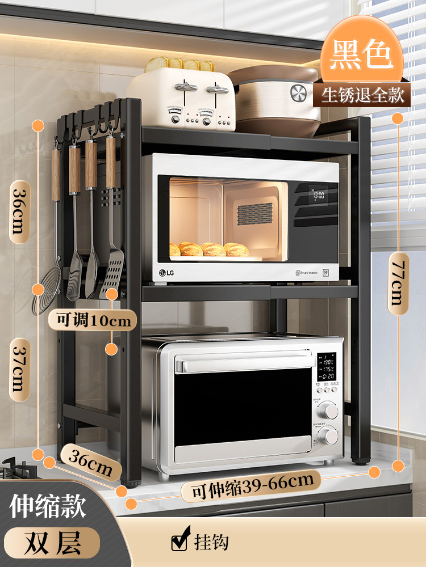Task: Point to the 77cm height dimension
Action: click(x=398, y=279)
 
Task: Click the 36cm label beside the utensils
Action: click(x=19, y=209)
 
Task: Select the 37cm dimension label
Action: click(x=19, y=369)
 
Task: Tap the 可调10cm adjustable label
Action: click(x=93, y=320)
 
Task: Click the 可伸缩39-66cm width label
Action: click(x=252, y=485)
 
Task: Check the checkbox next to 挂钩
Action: click(x=179, y=542)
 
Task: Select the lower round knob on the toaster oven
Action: click(x=328, y=437)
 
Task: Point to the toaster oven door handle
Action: click(x=244, y=362)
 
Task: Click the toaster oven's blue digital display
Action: click(x=328, y=367)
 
